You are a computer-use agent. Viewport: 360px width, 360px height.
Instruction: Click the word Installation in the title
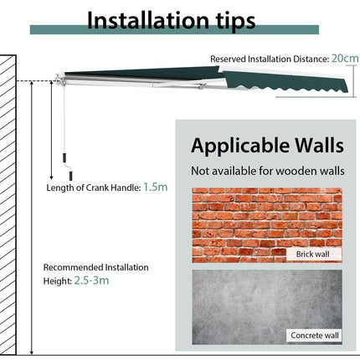tap(148, 20)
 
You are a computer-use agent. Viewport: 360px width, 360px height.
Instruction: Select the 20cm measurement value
tap(345, 59)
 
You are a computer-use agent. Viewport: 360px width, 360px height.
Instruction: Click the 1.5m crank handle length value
tap(156, 187)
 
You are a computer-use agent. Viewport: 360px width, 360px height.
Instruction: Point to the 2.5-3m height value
tap(91, 280)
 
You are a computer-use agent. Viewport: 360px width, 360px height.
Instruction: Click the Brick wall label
tap(312, 255)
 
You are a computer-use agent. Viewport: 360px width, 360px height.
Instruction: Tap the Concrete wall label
tap(315, 335)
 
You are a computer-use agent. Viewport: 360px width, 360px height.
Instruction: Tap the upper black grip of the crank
tap(64, 157)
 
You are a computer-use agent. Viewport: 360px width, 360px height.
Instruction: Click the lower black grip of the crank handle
tap(70, 176)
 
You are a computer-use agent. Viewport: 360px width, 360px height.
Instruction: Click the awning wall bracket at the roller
tap(59, 80)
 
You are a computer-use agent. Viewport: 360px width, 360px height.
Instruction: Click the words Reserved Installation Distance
tap(270, 59)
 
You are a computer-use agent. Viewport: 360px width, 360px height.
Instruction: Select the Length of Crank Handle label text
tap(94, 188)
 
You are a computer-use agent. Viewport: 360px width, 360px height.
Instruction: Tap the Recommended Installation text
tap(95, 267)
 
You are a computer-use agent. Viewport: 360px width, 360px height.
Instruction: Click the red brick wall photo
tap(267, 225)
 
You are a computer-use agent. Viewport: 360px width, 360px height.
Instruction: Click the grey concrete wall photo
tap(267, 307)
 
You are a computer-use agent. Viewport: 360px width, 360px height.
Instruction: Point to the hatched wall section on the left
tap(8, 205)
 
